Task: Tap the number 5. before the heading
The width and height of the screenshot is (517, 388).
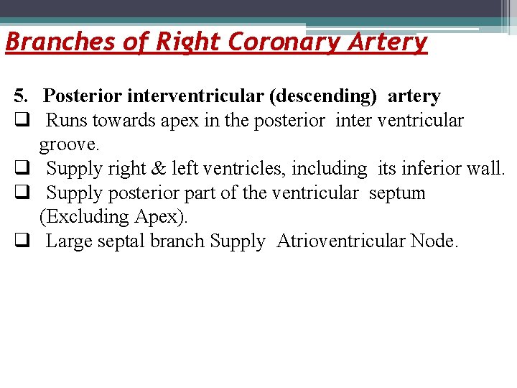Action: (x=22, y=96)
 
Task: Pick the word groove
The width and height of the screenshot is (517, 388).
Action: (x=70, y=144)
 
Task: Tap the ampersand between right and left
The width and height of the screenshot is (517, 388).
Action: (x=157, y=169)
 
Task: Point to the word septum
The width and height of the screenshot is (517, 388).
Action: (x=401, y=193)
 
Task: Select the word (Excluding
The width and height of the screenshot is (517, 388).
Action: (x=84, y=217)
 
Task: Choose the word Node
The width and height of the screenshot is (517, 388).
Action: (x=434, y=241)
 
